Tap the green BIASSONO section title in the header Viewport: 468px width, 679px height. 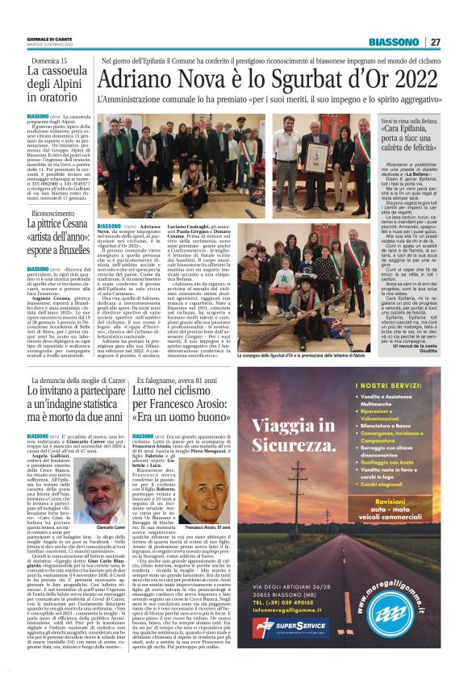pos(394,42)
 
